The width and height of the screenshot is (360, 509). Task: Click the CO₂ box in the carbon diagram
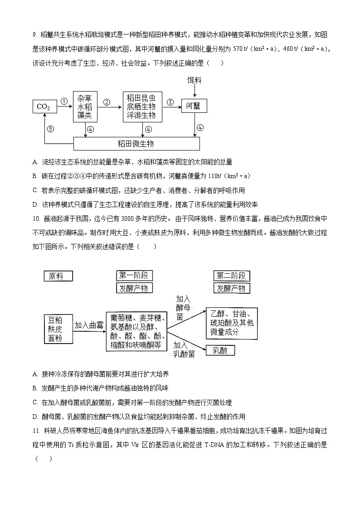click(44, 107)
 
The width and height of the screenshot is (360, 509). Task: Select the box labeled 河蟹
click(194, 106)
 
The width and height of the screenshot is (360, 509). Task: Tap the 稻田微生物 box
click(136, 144)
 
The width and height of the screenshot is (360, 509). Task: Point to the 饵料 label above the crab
click(195, 80)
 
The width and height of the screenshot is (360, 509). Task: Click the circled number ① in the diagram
click(64, 102)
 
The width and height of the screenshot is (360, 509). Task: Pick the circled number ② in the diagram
click(107, 102)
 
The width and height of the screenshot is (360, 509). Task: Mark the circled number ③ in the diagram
click(170, 102)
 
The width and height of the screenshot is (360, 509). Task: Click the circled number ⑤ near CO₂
click(50, 129)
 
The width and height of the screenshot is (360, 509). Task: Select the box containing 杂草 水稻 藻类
click(85, 107)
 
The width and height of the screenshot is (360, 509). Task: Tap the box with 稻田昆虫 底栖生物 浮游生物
click(141, 107)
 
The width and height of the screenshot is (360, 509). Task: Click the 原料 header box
click(58, 276)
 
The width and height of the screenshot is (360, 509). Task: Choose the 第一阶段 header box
click(135, 276)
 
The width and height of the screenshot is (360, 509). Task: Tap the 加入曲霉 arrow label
click(89, 325)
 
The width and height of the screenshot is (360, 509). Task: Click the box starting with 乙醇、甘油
click(231, 323)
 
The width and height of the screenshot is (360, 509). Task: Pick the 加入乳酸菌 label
click(184, 349)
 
